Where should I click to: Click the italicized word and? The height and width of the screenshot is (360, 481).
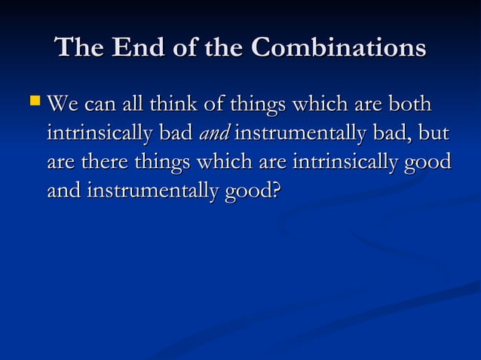[214, 135]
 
